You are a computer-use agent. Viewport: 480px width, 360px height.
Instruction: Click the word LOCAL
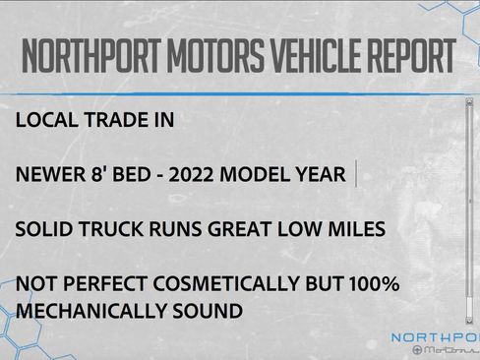[x=49, y=122]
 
